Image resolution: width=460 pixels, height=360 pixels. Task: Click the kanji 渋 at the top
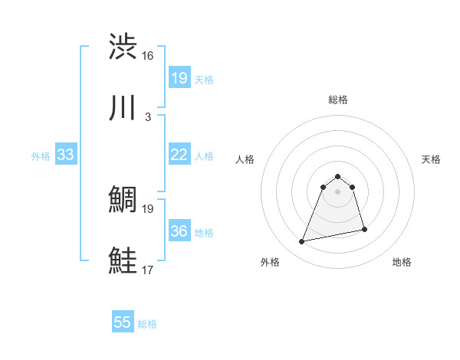(123, 47)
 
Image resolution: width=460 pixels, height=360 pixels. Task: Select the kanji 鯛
(123, 200)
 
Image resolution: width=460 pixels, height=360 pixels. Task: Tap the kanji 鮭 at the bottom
(123, 261)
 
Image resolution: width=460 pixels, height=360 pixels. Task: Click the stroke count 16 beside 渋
(148, 56)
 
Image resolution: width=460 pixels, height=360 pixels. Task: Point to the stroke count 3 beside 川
(147, 117)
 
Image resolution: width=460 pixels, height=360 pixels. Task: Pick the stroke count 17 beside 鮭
(148, 270)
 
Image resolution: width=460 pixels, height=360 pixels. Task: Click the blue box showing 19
(179, 78)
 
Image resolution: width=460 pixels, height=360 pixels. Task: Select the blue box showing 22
(179, 155)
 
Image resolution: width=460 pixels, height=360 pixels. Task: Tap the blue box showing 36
(179, 231)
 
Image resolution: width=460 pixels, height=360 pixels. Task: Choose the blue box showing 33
(66, 155)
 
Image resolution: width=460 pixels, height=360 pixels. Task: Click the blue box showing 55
(123, 322)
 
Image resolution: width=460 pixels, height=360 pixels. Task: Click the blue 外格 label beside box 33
(41, 155)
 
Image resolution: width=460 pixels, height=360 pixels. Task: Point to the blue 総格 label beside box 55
(147, 323)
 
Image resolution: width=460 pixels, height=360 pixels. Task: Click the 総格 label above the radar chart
(338, 100)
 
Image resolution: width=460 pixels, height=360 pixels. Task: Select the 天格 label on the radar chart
(431, 159)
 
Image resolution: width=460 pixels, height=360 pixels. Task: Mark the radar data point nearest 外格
(302, 242)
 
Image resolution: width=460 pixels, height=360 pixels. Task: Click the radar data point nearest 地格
(364, 230)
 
